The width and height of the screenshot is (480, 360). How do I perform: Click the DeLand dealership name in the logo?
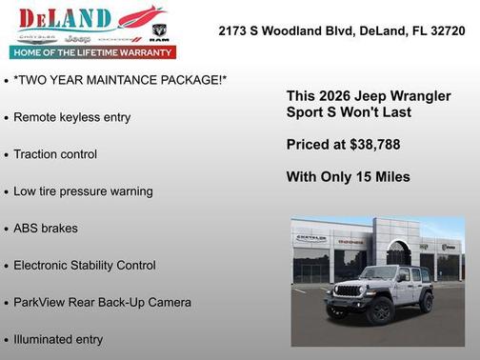coord(59,19)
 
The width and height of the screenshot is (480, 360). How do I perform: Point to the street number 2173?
coord(234,30)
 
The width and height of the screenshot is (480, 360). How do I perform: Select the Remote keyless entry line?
coord(72,117)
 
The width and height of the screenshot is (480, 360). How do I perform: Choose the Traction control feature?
coord(55,154)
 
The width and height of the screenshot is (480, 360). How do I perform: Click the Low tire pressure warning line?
coord(83,191)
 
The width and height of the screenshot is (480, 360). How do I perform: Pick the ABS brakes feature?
coord(46,229)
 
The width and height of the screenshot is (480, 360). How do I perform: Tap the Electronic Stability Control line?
coord(85,266)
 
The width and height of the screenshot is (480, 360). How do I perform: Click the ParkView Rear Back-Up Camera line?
coord(102,303)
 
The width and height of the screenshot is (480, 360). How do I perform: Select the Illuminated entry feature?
coord(58,339)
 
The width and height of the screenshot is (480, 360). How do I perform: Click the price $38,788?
coord(371,145)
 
